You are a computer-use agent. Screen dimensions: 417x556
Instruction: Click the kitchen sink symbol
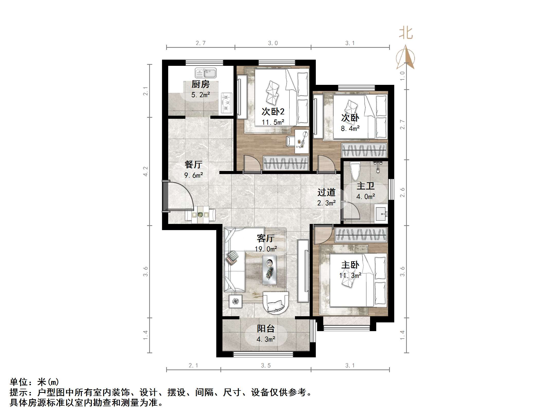(x=205, y=73)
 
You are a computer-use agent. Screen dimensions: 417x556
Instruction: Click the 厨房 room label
(x=200, y=84)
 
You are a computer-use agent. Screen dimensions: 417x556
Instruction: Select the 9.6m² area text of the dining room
(x=194, y=175)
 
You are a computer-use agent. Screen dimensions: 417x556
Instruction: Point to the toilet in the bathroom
(x=355, y=171)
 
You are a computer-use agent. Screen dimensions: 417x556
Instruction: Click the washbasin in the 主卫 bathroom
(x=381, y=214)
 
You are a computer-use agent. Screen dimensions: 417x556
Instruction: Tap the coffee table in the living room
(x=269, y=270)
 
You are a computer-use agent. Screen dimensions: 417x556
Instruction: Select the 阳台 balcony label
(x=266, y=329)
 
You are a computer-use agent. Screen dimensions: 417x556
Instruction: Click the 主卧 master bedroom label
(x=350, y=265)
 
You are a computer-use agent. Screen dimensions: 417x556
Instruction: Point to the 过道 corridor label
(x=326, y=192)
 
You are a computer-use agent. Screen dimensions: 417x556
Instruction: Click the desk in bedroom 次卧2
(x=301, y=141)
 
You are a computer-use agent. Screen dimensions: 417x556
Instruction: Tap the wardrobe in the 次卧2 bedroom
(x=286, y=163)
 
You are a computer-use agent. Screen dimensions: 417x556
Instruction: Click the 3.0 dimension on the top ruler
(x=273, y=43)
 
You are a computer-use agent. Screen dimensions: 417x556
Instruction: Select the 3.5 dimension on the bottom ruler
(x=266, y=365)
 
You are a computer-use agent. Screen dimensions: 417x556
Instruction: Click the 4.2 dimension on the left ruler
(x=146, y=171)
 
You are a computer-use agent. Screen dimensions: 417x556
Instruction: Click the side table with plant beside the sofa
(x=235, y=301)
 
